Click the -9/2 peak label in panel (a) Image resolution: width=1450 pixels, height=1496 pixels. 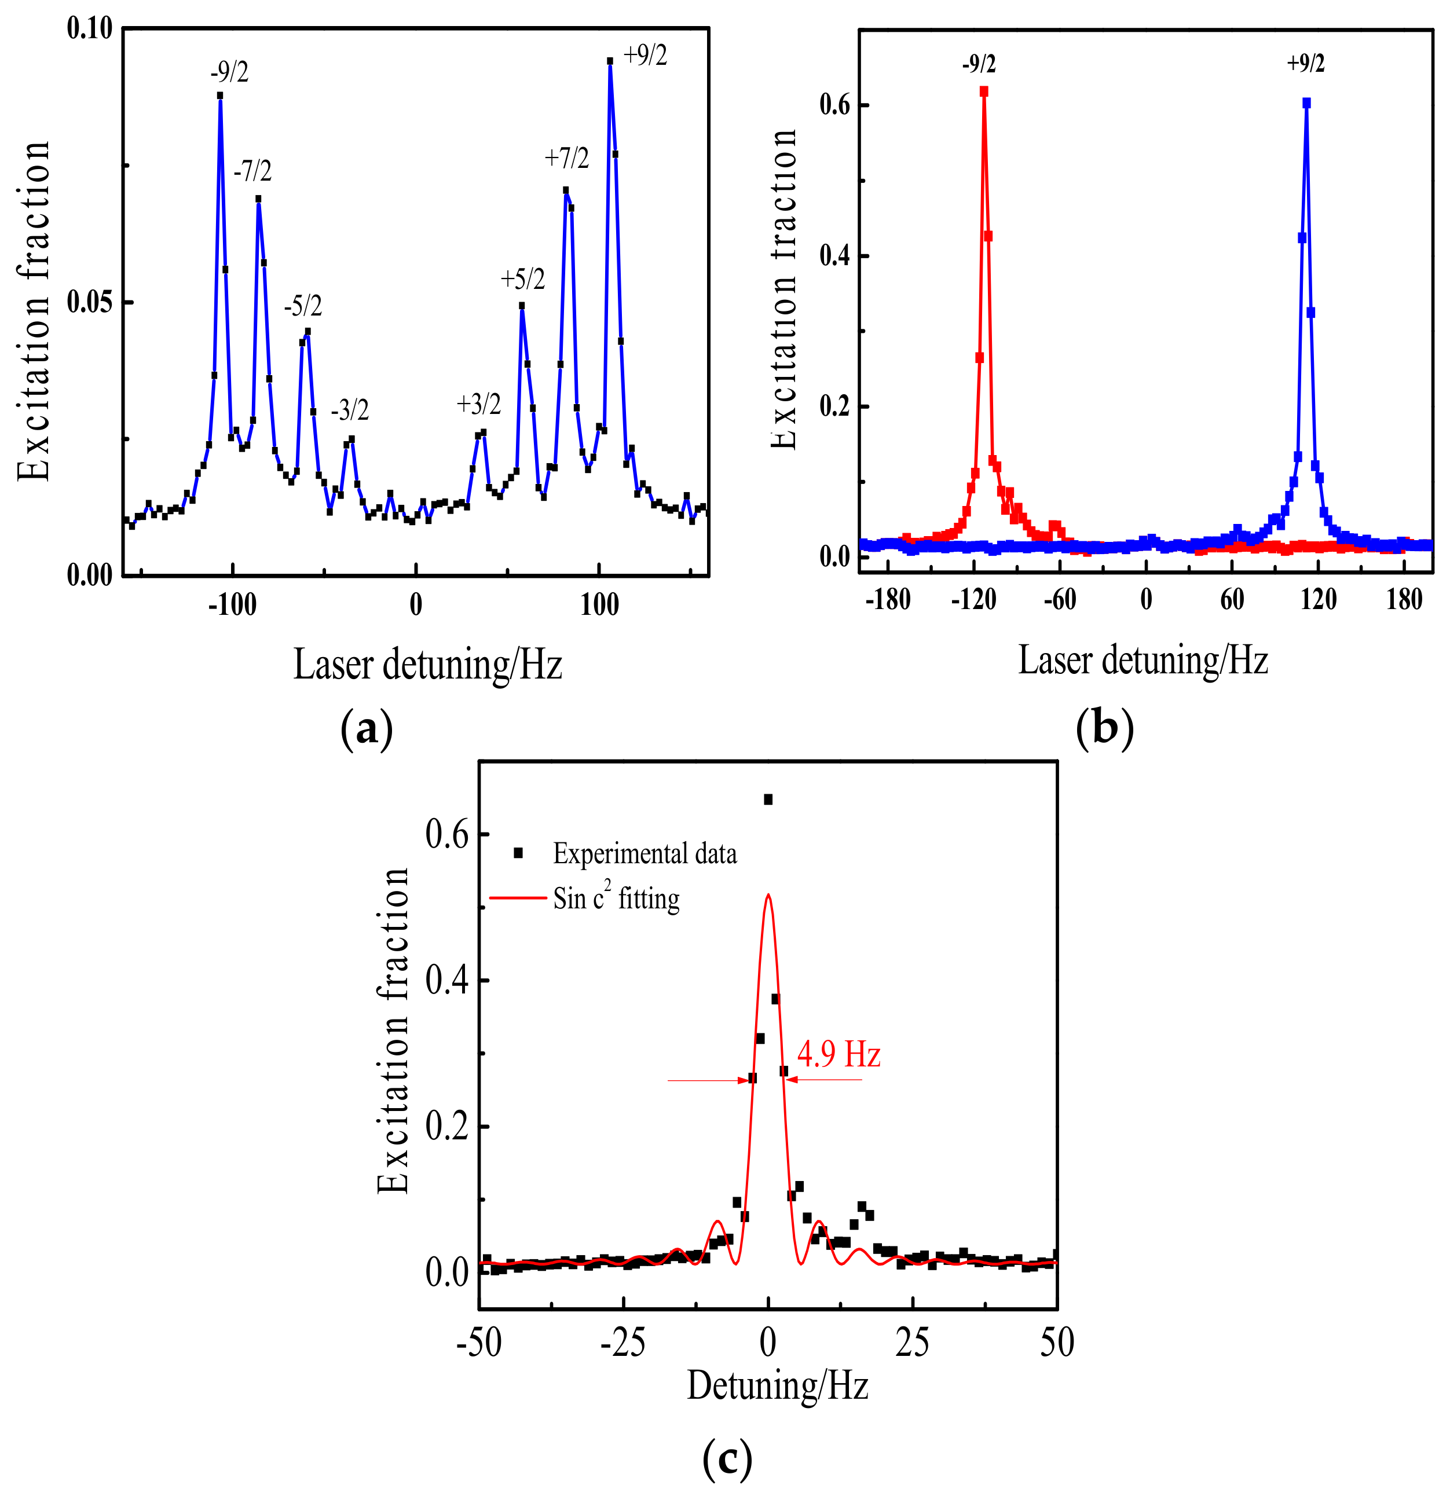click(229, 72)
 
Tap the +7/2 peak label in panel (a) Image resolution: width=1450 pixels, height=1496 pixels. click(566, 158)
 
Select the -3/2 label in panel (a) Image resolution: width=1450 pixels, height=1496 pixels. click(350, 410)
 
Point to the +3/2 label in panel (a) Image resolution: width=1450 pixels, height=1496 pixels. click(479, 405)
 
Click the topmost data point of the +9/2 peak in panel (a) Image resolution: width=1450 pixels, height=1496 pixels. click(609, 61)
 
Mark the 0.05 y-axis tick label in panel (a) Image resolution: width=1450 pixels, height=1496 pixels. click(89, 302)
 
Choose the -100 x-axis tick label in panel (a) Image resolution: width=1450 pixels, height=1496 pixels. click(232, 605)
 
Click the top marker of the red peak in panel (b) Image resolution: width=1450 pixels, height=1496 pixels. click(983, 91)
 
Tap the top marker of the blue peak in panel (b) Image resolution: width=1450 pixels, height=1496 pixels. click(1306, 102)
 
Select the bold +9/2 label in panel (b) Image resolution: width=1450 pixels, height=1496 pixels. click(1306, 63)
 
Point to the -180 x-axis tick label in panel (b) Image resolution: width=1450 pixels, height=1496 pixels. click(888, 600)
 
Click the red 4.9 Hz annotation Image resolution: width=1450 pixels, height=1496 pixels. click(838, 1055)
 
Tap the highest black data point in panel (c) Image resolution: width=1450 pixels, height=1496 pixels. click(768, 799)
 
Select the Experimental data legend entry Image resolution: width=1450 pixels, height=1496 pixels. click(644, 853)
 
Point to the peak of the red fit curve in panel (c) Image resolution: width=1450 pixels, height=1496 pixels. click(768, 894)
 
